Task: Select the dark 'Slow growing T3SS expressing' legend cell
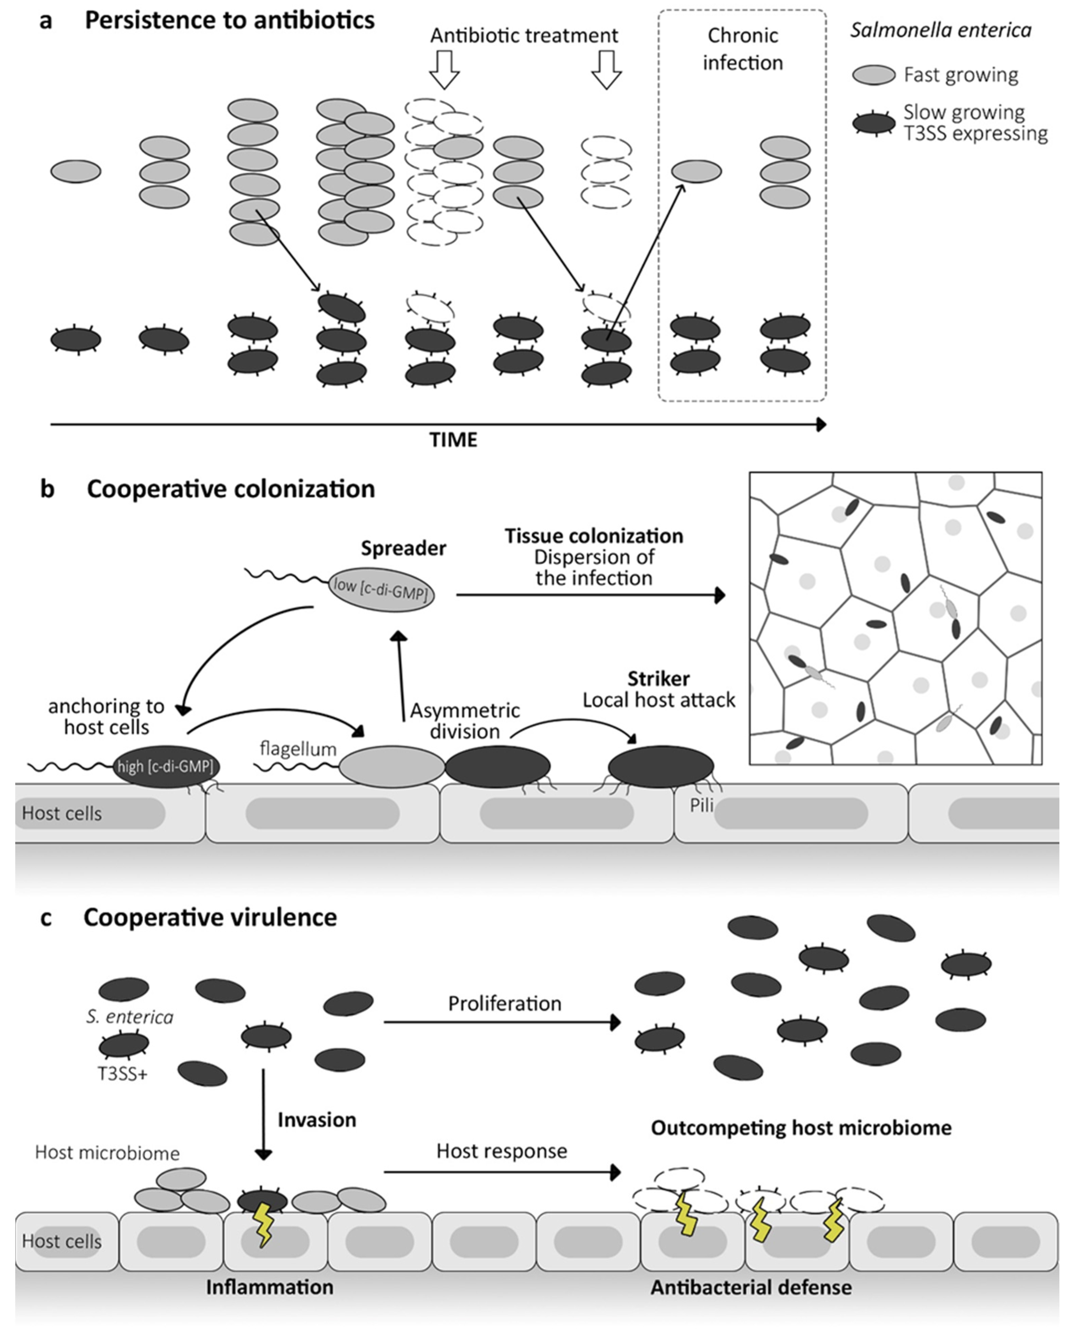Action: (x=873, y=123)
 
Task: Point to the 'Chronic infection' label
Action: (x=743, y=49)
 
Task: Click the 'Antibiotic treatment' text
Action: (x=524, y=36)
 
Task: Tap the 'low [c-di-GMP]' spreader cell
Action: (x=381, y=589)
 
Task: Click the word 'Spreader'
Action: (x=404, y=548)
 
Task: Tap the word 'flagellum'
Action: (x=298, y=749)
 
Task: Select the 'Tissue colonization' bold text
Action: (x=594, y=536)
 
